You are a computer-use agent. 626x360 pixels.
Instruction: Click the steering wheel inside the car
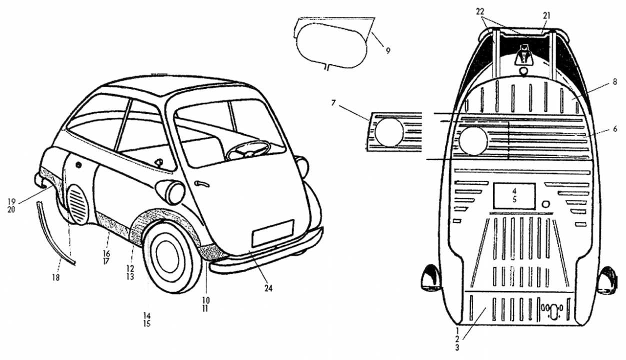(x=248, y=148)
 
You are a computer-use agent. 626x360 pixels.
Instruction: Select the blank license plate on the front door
(x=272, y=233)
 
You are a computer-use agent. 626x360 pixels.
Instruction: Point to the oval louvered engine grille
(x=77, y=203)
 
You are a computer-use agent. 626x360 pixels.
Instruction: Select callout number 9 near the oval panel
(x=388, y=50)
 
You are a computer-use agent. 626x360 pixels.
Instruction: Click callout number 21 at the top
(x=546, y=15)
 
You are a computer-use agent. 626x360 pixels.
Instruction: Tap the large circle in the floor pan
(x=473, y=140)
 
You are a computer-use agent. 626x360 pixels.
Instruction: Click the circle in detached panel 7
(x=388, y=132)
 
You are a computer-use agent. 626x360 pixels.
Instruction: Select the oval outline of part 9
(x=331, y=43)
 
